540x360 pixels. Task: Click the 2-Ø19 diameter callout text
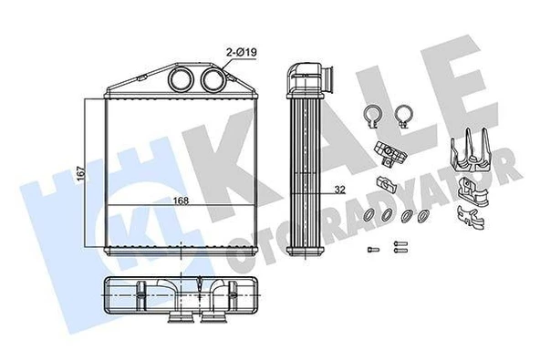(x=241, y=52)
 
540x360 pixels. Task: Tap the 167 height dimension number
(x=80, y=173)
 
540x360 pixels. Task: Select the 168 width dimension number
(x=181, y=201)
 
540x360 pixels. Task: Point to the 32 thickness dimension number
(x=339, y=190)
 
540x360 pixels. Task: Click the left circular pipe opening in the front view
(x=181, y=78)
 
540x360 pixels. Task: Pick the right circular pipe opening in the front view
(x=213, y=78)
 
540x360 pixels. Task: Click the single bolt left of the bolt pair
(x=373, y=249)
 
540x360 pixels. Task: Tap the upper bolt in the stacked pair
(x=400, y=243)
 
